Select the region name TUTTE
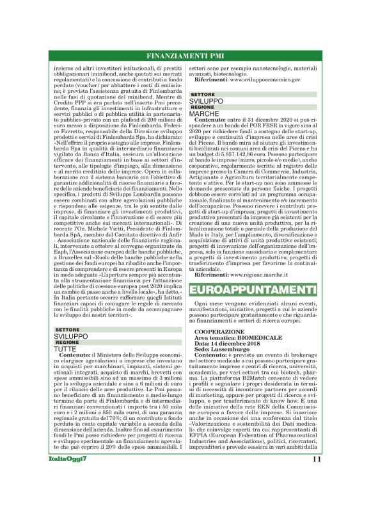[66, 349]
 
